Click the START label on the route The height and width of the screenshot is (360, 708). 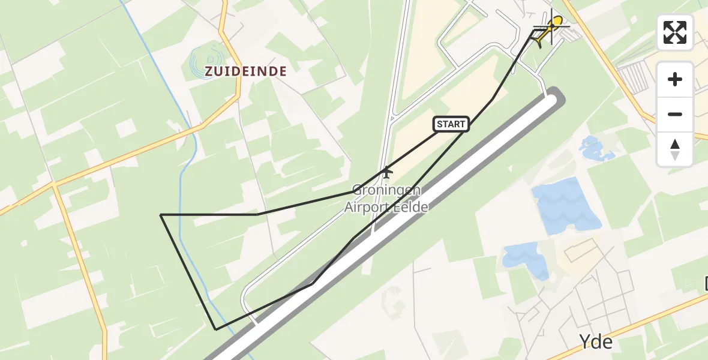[451, 124]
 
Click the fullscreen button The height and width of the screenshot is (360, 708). [675, 32]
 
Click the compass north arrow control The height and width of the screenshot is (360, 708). [675, 149]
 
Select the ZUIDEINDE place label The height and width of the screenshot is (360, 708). [245, 71]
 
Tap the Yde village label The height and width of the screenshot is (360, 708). [596, 342]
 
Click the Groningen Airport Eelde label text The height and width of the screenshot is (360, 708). [386, 199]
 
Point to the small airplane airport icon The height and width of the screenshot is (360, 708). [387, 172]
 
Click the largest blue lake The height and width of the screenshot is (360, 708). [564, 208]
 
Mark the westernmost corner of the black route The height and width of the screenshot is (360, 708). [161, 214]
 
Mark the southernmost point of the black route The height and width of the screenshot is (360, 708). [216, 329]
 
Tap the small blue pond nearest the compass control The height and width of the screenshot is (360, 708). [596, 149]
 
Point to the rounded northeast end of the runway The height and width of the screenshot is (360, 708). [555, 96]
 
